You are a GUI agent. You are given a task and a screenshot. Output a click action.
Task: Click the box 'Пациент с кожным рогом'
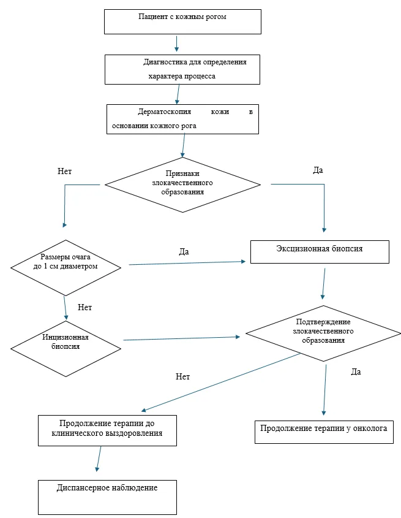pyautogui.click(x=182, y=22)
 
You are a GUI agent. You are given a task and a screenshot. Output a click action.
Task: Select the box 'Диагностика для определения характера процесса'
pyautogui.click(x=182, y=69)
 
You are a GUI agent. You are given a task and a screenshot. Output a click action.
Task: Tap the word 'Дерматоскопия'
pyautogui.click(x=164, y=112)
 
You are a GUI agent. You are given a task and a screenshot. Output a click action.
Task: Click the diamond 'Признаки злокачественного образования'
pyautogui.click(x=182, y=185)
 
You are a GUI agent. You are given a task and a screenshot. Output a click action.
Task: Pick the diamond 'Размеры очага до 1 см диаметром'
pyautogui.click(x=66, y=268)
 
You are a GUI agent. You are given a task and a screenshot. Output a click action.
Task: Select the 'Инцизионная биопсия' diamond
pyautogui.click(x=66, y=349)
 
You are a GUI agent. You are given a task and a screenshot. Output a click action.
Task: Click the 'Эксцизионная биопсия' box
pyautogui.click(x=320, y=252)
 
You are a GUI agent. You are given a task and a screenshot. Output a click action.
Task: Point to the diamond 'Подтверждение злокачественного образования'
pyautogui.click(x=323, y=333)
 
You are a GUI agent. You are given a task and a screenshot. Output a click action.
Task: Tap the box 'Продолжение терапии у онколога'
pyautogui.click(x=324, y=432)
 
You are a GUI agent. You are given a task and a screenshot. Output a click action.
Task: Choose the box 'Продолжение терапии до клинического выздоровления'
pyautogui.click(x=107, y=430)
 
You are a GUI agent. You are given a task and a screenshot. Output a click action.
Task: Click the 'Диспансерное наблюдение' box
pyautogui.click(x=107, y=497)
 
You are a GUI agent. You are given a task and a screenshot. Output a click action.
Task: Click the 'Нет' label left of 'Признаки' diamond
pyautogui.click(x=64, y=171)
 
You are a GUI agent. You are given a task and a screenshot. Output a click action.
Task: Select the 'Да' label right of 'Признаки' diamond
pyautogui.click(x=318, y=170)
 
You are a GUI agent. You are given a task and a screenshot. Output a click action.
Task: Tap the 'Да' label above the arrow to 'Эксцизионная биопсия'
pyautogui.click(x=184, y=252)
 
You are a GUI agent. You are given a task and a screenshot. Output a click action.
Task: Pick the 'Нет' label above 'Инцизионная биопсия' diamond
pyautogui.click(x=85, y=307)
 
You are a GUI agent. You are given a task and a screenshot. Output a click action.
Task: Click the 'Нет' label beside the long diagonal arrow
pyautogui.click(x=183, y=376)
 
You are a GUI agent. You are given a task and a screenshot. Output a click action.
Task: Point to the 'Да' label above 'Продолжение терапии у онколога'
pyautogui.click(x=356, y=372)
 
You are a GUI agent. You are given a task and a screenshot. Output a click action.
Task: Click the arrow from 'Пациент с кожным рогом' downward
pyautogui.click(x=176, y=44)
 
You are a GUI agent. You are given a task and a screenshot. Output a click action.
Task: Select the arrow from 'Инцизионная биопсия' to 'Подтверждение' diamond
pyautogui.click(x=182, y=338)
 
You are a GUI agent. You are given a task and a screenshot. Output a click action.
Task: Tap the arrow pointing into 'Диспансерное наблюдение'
pyautogui.click(x=99, y=459)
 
